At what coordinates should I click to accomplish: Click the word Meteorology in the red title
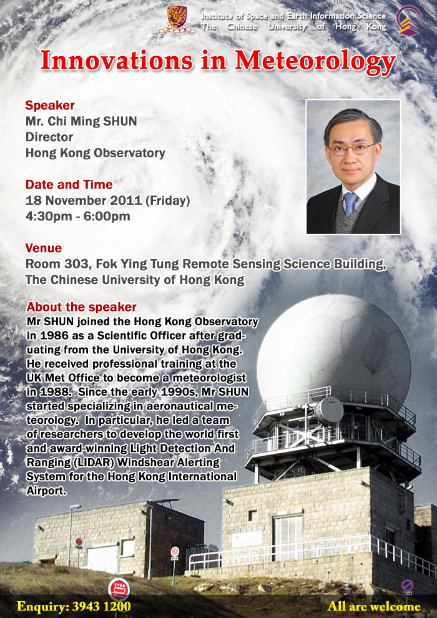315,61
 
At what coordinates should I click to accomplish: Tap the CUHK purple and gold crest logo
177,20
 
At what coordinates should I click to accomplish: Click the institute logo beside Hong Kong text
409,21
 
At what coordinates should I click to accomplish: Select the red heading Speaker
50,105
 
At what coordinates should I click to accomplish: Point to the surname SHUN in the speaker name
120,121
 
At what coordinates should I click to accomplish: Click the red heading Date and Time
69,184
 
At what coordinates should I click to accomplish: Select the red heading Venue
43,248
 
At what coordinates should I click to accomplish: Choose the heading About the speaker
82,307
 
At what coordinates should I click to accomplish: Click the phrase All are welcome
374,606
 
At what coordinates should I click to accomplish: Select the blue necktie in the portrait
350,204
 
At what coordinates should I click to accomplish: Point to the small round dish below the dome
329,410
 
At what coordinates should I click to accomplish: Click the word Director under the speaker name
49,137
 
